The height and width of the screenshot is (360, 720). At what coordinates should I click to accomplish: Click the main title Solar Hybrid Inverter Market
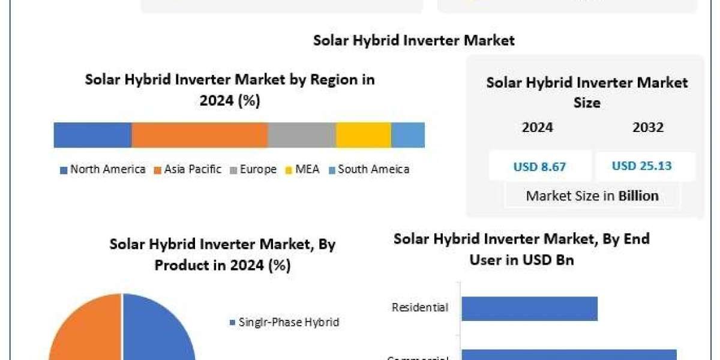[x=414, y=40]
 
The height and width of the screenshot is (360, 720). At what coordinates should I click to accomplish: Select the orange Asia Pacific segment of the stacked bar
[x=199, y=135]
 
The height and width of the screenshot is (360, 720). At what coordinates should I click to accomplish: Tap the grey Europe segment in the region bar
[x=302, y=135]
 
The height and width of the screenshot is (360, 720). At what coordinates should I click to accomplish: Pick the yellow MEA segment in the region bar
[x=364, y=135]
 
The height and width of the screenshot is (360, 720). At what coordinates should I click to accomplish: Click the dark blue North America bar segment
[x=92, y=135]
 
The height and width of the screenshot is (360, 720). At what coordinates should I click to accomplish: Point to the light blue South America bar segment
[x=408, y=135]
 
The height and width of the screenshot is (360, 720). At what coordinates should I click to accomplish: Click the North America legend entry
[x=103, y=169]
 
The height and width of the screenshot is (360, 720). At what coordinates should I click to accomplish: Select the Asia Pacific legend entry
[x=188, y=169]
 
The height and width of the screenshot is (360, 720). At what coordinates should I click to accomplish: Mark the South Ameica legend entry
[x=369, y=169]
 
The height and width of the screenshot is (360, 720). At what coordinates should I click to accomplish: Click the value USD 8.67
[x=539, y=167]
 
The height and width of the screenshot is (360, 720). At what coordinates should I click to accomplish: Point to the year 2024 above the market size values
[x=538, y=127]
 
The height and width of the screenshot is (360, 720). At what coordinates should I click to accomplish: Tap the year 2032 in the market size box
[x=648, y=127]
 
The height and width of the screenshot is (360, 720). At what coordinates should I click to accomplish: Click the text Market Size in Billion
[x=592, y=196]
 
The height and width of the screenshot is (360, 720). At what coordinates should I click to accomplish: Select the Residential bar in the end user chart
[x=529, y=308]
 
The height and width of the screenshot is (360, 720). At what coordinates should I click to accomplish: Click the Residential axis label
[x=419, y=307]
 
